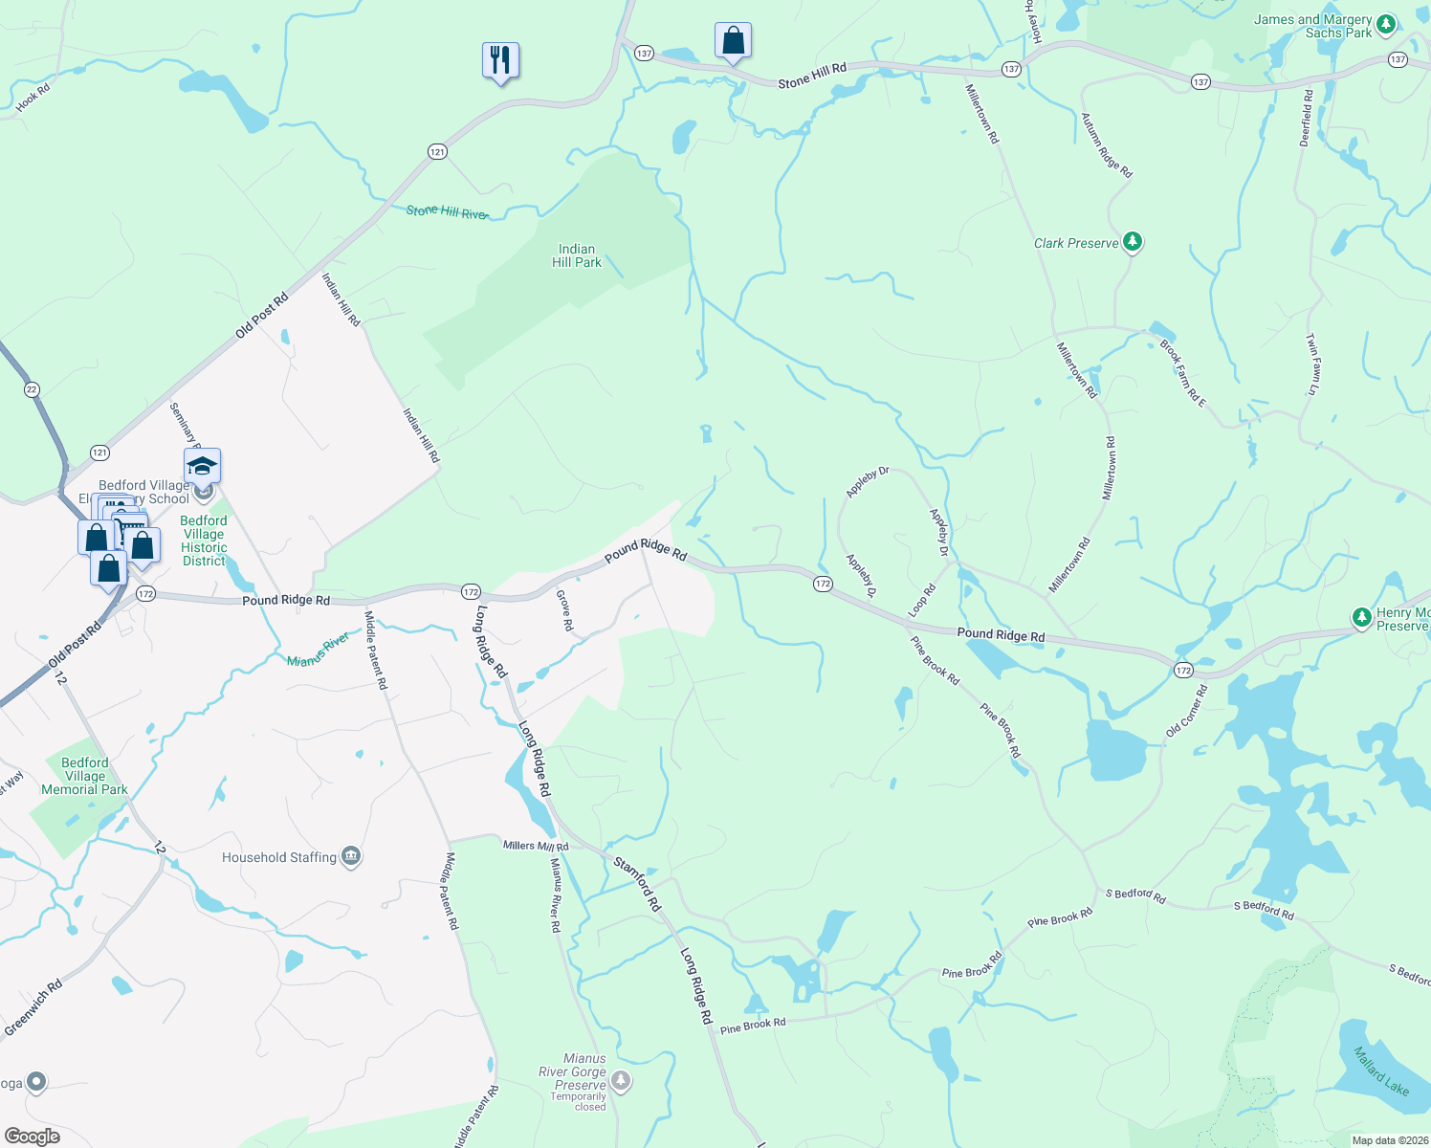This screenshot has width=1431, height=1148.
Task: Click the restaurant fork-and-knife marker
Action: coord(500,60)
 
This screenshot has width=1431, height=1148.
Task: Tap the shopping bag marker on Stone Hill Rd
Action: coord(733,41)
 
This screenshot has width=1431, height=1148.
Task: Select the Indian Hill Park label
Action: coord(577,255)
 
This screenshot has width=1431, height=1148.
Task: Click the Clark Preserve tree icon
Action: coord(1133,242)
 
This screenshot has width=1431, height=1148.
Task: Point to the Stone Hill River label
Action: coord(447,211)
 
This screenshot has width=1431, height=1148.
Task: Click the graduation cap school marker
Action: coord(202,466)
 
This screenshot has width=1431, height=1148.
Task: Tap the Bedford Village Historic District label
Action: coord(204,541)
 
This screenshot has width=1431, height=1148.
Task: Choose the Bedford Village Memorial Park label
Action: coord(84,776)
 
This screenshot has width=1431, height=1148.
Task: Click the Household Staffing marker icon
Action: coord(351,856)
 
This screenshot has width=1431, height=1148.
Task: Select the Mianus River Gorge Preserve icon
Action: coord(621,1081)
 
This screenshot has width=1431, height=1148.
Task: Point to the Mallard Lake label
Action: coord(1381,1071)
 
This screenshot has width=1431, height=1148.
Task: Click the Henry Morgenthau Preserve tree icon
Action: coord(1362,617)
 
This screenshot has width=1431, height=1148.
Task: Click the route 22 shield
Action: coord(33,389)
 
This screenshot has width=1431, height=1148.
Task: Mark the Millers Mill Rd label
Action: coord(536,846)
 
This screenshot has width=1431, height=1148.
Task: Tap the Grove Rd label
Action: coord(564,610)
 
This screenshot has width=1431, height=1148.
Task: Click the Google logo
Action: coord(32,1136)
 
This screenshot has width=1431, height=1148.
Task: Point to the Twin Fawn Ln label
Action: coord(1314,364)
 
